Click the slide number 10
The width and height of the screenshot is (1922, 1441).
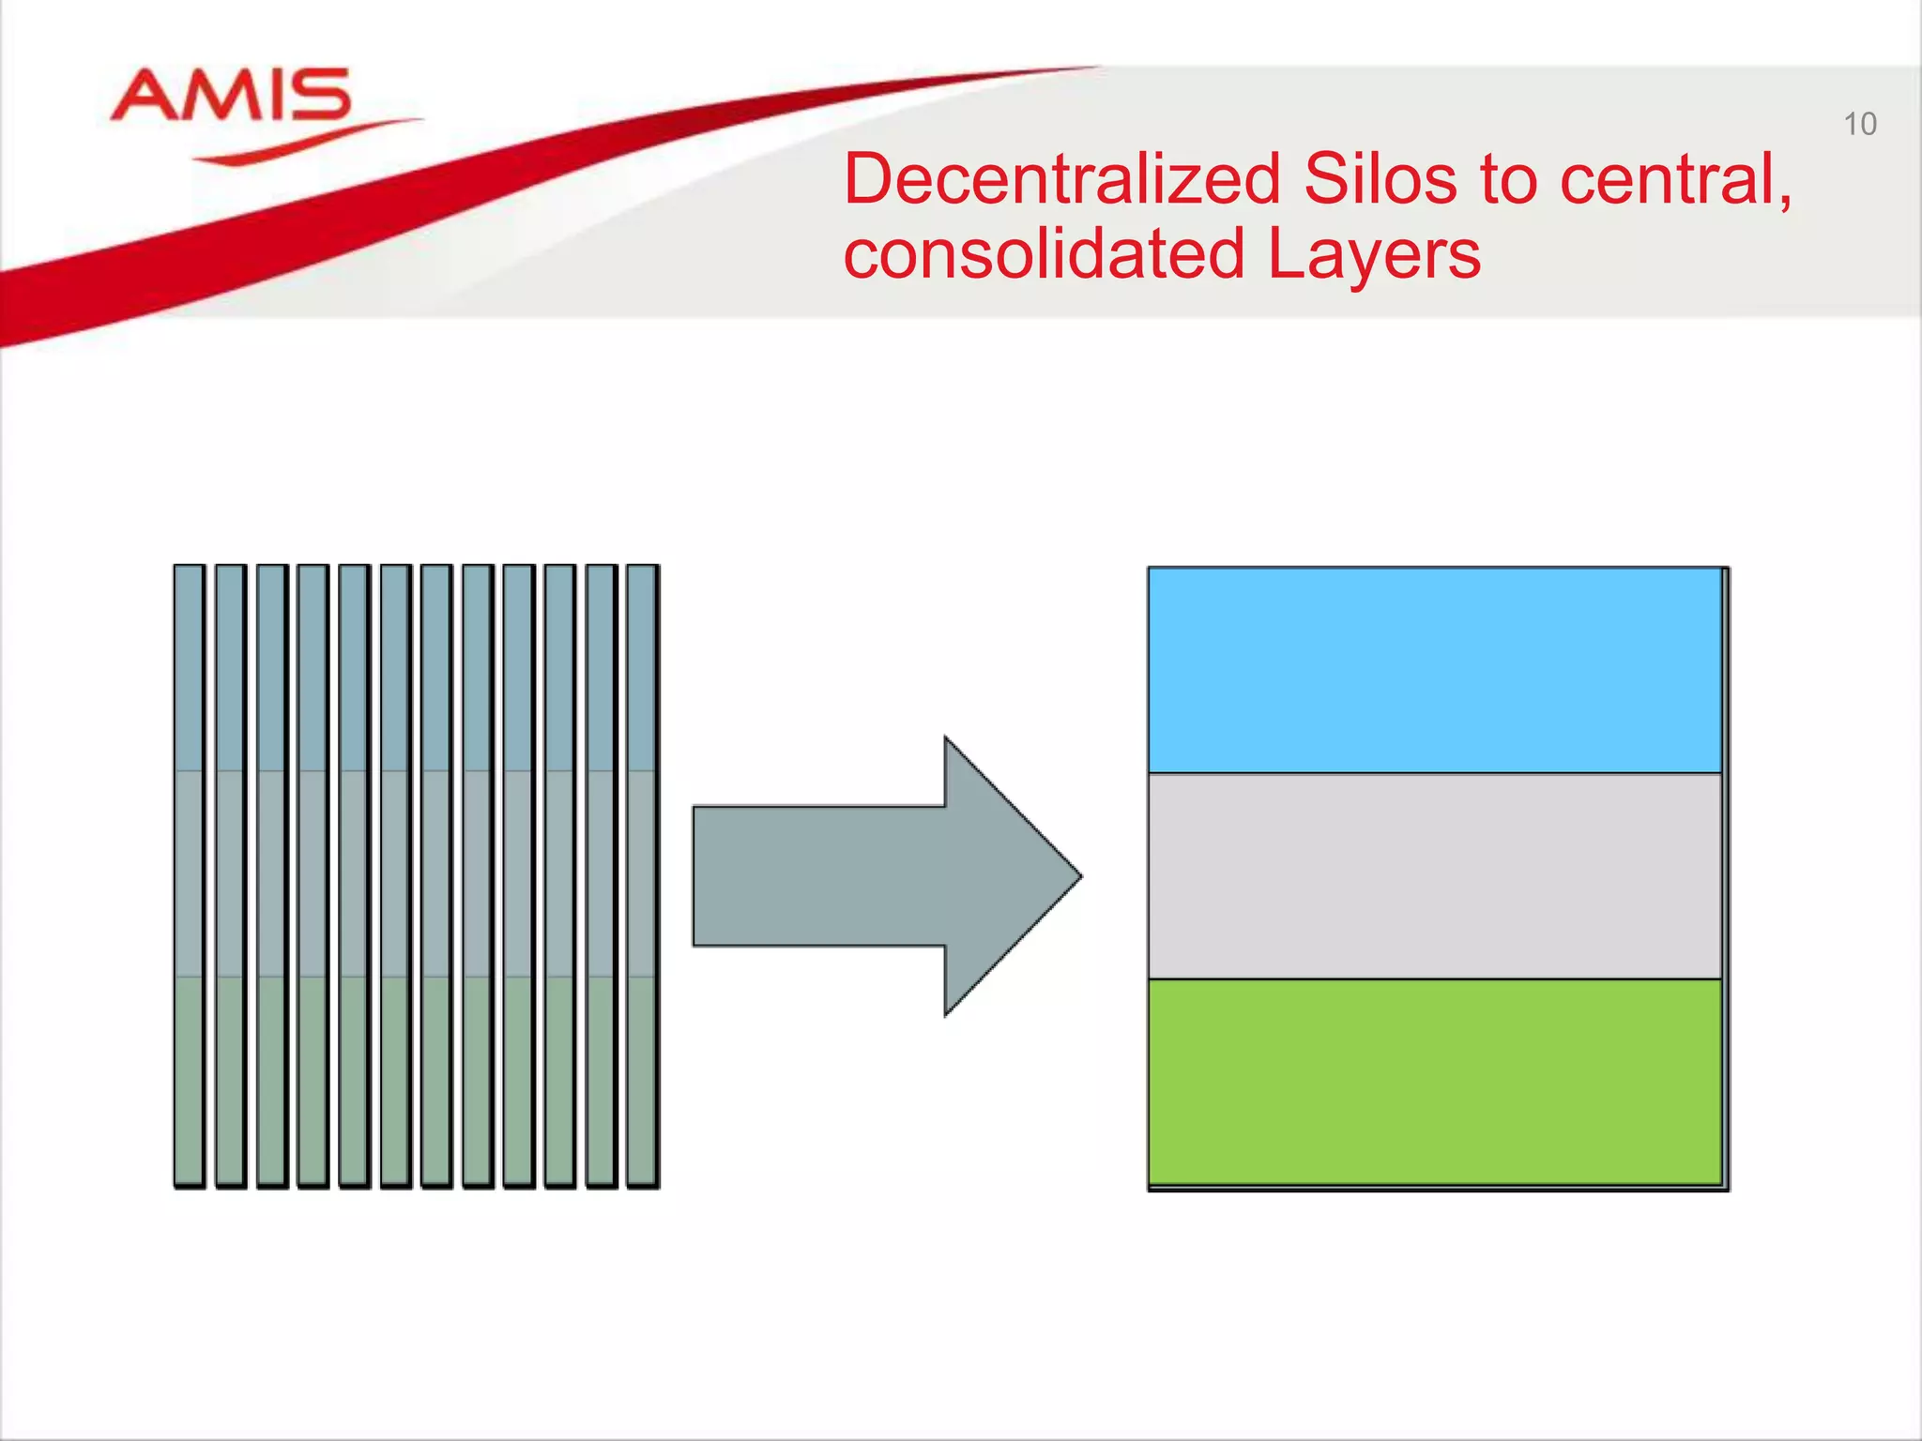click(x=1859, y=124)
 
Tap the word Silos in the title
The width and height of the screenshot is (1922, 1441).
click(x=1380, y=179)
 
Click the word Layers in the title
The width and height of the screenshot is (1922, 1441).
click(x=1374, y=254)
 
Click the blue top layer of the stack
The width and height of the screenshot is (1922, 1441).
click(x=1434, y=670)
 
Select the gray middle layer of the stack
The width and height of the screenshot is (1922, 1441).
click(x=1434, y=876)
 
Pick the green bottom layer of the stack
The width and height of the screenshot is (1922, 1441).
click(x=1434, y=1081)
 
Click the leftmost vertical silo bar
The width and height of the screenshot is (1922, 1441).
click(x=190, y=876)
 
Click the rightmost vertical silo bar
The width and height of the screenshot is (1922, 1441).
click(x=642, y=876)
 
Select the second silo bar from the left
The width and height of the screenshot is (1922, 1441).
click(x=231, y=876)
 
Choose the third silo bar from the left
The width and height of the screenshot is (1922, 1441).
click(x=272, y=876)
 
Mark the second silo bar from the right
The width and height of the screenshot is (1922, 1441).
click(x=602, y=876)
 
